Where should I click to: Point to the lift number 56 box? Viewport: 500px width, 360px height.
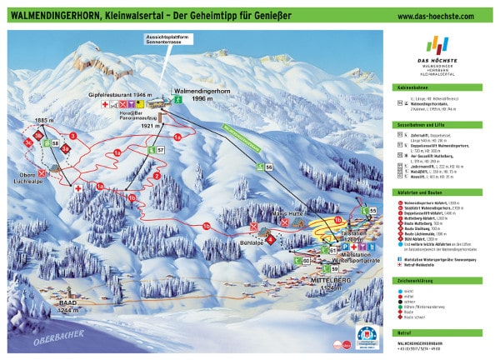[268, 168]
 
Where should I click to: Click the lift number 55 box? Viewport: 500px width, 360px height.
[373, 212]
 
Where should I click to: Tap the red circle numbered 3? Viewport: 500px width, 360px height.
[73, 135]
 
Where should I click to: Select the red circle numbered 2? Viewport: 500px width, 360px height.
[156, 176]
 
